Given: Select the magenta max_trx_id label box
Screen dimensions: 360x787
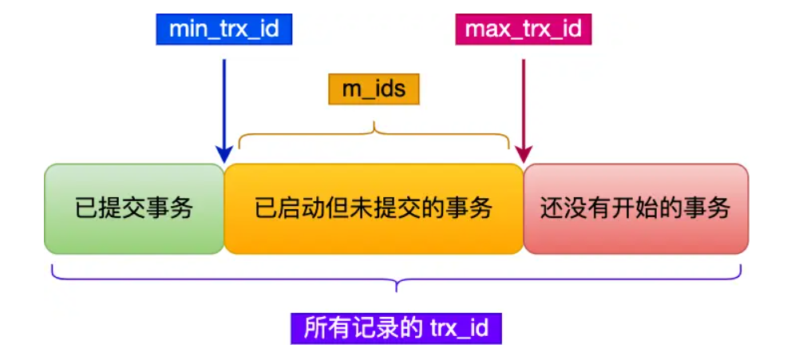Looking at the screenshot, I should [x=523, y=30].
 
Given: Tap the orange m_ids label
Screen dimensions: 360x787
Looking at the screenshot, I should [x=374, y=89].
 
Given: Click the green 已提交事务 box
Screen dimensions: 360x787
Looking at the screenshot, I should [x=134, y=209].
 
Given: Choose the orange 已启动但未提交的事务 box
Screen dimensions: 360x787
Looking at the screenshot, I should [x=374, y=209].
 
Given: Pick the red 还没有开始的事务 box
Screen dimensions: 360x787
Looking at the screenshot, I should [x=635, y=209].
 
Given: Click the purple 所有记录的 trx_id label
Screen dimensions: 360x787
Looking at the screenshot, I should [x=396, y=327].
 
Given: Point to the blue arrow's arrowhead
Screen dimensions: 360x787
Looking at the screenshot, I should [x=224, y=153].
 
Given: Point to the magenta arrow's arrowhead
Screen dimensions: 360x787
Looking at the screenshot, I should [x=523, y=153].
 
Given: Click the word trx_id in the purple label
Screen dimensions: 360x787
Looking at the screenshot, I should [x=460, y=327].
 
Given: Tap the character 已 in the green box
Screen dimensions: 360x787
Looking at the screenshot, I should [x=85, y=209].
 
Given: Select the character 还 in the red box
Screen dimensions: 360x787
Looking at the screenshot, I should [x=550, y=209].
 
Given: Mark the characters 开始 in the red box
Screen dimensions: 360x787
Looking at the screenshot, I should [x=631, y=209].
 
